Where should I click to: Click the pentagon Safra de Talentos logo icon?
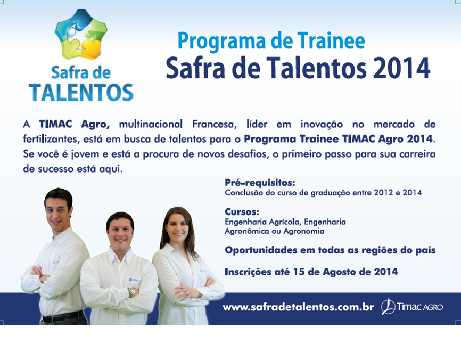81,34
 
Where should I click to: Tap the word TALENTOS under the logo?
81,93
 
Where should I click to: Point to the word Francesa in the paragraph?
215,124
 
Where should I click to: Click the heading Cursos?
242,211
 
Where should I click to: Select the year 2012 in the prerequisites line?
383,193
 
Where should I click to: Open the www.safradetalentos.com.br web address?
298,307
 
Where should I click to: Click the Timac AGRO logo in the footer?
412,306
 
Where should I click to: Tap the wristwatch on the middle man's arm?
133,292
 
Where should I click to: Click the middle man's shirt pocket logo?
133,280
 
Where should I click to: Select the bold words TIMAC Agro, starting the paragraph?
75,124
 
